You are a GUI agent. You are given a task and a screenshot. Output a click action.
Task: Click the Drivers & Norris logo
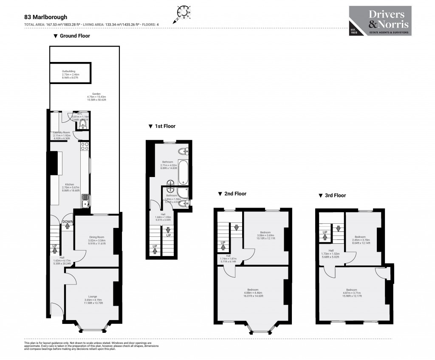(x=380, y=21)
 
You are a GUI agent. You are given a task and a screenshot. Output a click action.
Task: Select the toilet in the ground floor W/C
(x=83, y=123)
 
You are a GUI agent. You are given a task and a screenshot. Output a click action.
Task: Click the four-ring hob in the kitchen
(x=85, y=146)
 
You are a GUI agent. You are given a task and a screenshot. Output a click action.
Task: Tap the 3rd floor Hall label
(x=330, y=253)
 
